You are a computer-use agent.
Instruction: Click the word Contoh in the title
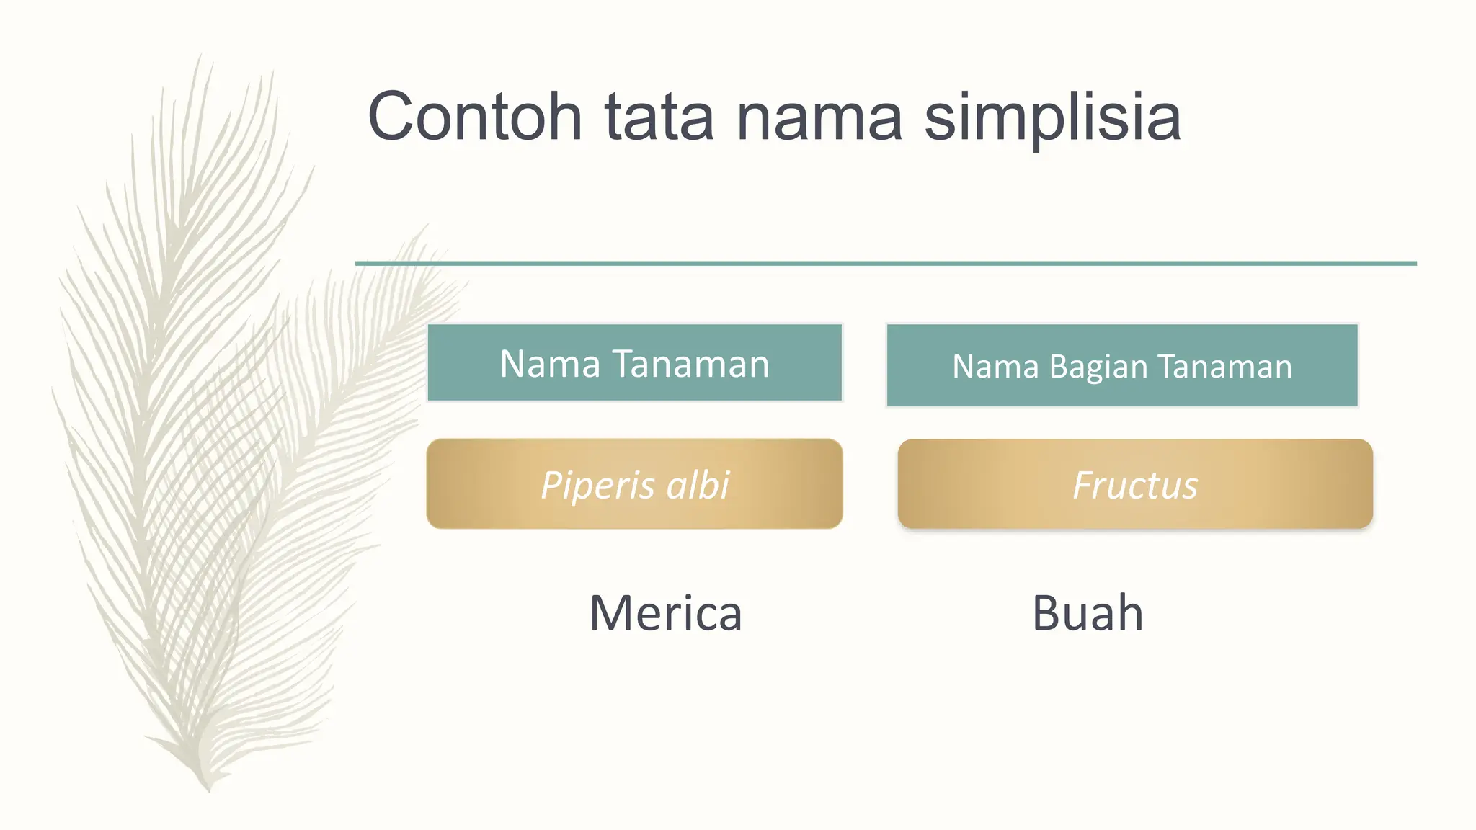[x=474, y=117]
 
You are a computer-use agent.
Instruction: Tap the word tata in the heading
[x=659, y=117]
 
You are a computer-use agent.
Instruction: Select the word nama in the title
[x=819, y=117]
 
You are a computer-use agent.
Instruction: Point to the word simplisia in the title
[x=1052, y=119]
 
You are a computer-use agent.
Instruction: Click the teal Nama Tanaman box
[x=634, y=362]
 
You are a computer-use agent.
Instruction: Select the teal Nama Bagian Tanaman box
[x=1121, y=365]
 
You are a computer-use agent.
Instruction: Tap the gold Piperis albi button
[x=634, y=484]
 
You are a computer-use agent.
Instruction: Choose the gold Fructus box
[x=1135, y=484]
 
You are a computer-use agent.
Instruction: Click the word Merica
[x=665, y=614]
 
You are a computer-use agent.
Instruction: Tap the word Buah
[x=1088, y=614]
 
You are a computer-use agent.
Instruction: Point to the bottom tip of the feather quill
[x=208, y=789]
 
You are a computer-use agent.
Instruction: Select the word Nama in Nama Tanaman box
[x=550, y=364]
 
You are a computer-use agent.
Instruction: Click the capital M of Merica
[x=611, y=614]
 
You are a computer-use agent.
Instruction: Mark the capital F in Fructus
[x=1083, y=484]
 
